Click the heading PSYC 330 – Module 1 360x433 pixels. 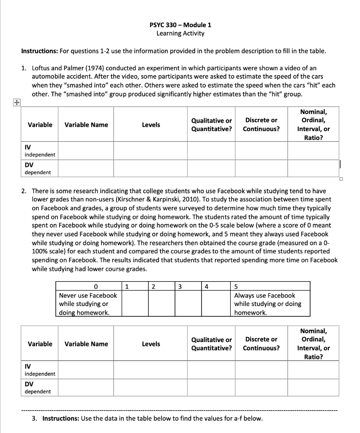coord(180,25)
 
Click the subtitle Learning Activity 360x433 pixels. coord(180,33)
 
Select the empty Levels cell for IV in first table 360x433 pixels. coord(150,151)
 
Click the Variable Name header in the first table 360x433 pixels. coord(86,125)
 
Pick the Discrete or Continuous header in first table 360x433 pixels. coord(261,124)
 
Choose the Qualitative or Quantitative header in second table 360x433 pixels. coord(211,344)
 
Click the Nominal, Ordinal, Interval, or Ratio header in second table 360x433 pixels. coord(313,344)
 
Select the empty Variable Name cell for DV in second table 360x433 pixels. coord(86,387)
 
